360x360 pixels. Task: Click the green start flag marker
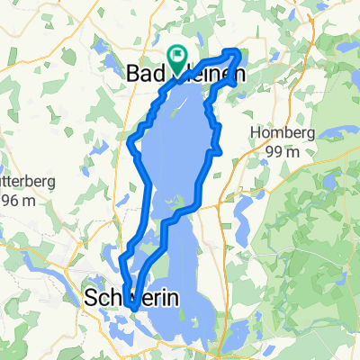(177, 57)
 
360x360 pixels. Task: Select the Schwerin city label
(131, 297)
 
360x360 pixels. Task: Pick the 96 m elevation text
(17, 200)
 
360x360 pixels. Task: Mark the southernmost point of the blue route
(134, 309)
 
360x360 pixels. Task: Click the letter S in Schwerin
(92, 297)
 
